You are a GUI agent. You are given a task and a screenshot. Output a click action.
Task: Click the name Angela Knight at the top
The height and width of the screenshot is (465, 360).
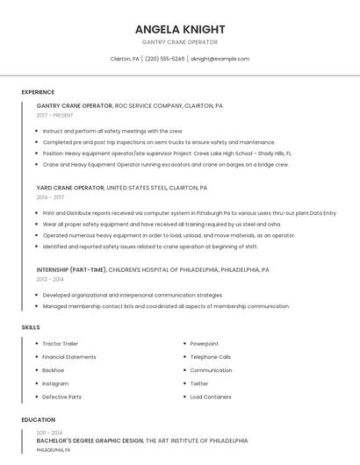tap(179, 29)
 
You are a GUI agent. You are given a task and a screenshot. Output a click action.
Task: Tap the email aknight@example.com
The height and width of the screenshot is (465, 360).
tap(220, 59)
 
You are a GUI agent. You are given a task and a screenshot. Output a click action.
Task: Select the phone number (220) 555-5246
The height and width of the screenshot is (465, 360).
tap(164, 59)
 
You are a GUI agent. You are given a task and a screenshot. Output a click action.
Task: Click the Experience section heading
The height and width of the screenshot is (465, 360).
tap(38, 92)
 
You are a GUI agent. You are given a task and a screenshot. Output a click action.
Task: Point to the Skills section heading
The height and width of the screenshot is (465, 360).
tap(31, 327)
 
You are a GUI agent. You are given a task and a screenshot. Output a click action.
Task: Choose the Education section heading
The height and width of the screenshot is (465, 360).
tap(39, 419)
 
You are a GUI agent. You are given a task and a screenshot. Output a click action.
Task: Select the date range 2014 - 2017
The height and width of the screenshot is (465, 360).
tap(50, 197)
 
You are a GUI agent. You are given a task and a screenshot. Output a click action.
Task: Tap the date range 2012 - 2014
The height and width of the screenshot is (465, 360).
tap(50, 279)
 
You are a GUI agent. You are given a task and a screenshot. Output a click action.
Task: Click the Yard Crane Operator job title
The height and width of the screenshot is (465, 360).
tap(70, 188)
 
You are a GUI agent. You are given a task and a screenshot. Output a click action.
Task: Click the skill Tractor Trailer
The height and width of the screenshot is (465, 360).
tap(61, 344)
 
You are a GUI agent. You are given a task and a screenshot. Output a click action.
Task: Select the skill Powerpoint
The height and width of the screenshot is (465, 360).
tap(204, 344)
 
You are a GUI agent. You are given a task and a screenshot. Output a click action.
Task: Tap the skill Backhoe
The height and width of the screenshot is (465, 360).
tap(53, 370)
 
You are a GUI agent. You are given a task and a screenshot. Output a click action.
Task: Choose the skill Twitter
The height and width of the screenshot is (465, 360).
tap(199, 383)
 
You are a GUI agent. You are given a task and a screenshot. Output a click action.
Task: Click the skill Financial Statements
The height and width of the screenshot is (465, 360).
tap(69, 357)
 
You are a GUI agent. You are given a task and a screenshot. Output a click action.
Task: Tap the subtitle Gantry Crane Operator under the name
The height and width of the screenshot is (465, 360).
tap(179, 42)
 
